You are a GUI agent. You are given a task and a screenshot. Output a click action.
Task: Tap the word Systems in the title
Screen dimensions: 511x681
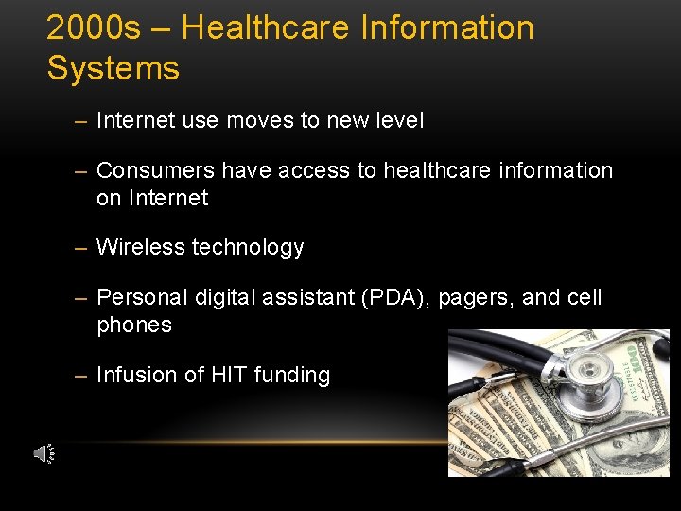[113, 69]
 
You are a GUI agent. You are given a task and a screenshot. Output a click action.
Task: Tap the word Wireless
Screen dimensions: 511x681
[141, 248]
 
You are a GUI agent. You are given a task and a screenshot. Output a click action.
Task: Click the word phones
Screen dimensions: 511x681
[134, 326]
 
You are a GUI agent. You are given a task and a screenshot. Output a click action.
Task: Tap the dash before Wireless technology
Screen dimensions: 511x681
[80, 248]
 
